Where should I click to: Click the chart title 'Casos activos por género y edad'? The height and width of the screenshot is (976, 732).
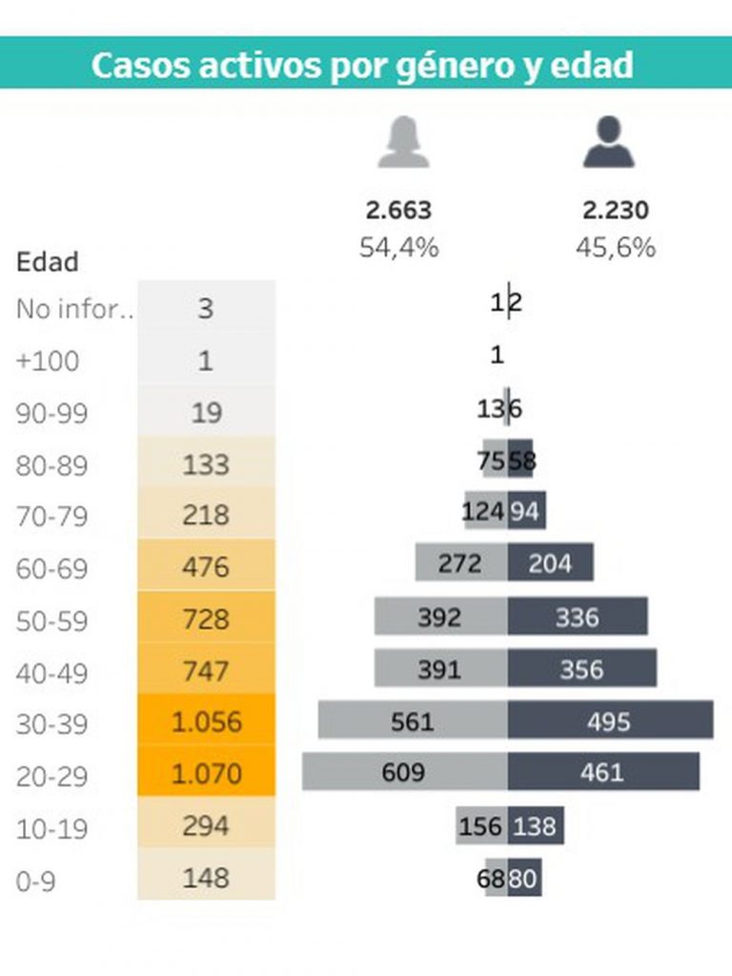(362, 65)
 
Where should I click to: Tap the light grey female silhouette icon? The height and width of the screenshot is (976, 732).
(403, 142)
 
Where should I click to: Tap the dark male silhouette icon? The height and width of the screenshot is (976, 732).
(609, 142)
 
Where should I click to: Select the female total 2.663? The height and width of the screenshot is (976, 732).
(398, 210)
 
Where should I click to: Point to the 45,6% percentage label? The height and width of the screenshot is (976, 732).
(615, 248)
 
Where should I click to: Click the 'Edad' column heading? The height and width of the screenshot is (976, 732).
(48, 262)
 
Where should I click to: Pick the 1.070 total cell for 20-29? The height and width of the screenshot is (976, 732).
(206, 773)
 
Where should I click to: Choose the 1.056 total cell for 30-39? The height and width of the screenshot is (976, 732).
(206, 722)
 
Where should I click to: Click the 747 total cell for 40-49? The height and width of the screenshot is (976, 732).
(206, 671)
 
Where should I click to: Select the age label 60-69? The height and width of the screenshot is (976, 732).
(52, 569)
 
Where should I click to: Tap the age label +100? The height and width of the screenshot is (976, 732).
(48, 361)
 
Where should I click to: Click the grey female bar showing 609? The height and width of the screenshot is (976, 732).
(404, 771)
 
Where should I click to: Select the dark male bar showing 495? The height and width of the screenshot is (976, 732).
(610, 721)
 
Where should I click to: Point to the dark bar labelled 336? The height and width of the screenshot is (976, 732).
(578, 617)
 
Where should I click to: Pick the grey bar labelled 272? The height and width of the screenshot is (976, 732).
(460, 563)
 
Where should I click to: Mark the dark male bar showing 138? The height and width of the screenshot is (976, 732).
(536, 825)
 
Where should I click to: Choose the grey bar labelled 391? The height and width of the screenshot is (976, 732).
(439, 668)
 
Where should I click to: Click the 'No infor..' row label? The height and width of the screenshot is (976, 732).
(74, 310)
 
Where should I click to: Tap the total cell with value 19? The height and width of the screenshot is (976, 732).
(206, 413)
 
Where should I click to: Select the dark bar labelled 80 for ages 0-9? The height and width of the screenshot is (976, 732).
(524, 878)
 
